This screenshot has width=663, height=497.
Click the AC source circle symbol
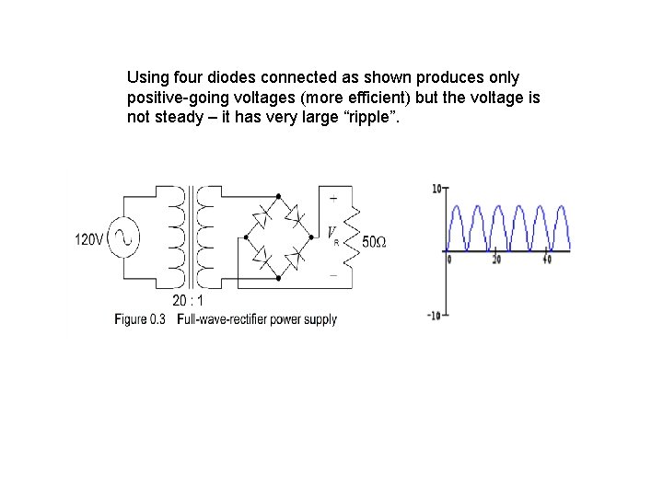coord(122,239)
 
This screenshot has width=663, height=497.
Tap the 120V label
coord(89,240)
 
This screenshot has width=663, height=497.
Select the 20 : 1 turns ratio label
coord(188,300)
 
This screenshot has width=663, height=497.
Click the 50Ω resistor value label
coord(374,242)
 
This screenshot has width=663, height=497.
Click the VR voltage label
coord(332,236)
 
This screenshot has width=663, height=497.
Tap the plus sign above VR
coord(332,198)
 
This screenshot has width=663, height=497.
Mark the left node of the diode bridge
coord(246,237)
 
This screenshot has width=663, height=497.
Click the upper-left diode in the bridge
coord(262,217)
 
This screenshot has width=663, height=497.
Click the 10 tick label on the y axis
coord(436,188)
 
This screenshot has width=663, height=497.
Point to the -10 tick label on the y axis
coord(435,316)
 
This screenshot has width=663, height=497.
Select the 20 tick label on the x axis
coord(496,260)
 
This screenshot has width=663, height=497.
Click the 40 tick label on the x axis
coord(546,260)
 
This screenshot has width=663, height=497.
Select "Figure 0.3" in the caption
coord(140,319)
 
